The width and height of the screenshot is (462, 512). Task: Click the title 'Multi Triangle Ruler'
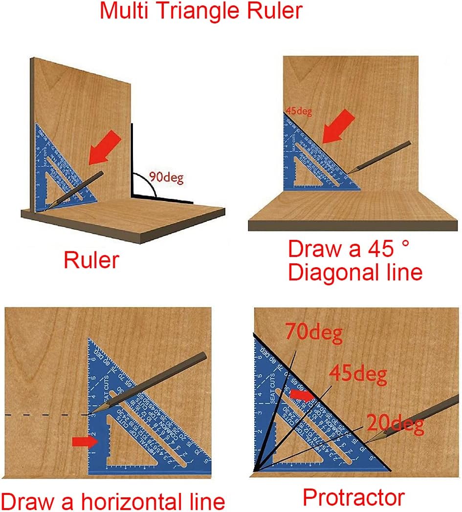(x=201, y=11)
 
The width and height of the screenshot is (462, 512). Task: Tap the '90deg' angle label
(x=167, y=178)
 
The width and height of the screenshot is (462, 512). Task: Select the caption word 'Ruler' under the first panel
(x=91, y=260)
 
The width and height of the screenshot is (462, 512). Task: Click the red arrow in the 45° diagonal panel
(x=338, y=126)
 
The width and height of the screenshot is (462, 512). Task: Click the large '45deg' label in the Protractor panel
(x=357, y=375)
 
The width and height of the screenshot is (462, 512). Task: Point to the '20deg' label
(x=395, y=426)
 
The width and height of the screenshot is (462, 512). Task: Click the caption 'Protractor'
(x=353, y=497)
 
